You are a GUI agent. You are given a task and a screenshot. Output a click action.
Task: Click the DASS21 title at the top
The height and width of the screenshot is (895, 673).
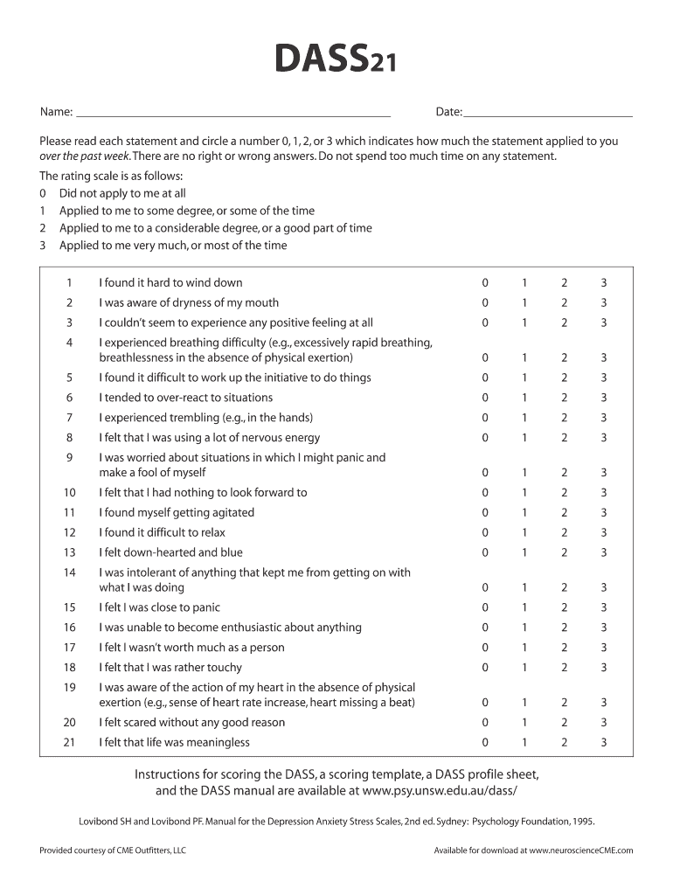336,60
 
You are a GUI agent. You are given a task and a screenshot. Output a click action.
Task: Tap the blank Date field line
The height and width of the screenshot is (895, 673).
548,113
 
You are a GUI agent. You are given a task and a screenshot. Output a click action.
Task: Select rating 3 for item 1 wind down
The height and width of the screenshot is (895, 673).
603,283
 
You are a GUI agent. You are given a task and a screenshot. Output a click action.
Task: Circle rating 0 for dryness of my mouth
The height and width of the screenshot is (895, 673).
485,303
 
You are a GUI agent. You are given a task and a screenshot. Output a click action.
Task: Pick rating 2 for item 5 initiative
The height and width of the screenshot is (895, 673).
564,378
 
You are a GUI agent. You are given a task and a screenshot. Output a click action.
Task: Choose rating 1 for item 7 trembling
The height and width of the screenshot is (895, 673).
524,418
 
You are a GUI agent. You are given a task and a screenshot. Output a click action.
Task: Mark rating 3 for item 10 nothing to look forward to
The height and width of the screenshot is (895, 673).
603,493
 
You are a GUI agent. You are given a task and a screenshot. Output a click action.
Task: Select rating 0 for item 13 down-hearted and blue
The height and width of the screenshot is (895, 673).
485,552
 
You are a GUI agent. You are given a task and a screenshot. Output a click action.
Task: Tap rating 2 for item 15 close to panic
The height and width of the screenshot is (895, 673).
564,607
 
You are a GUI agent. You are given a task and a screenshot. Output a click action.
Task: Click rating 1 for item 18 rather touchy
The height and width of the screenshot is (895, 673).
524,668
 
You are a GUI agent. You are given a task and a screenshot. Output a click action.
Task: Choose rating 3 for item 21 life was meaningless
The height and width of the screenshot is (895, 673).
603,743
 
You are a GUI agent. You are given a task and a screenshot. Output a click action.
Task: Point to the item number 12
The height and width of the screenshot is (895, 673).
70,533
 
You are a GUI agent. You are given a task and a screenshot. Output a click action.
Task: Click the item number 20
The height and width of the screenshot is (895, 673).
70,723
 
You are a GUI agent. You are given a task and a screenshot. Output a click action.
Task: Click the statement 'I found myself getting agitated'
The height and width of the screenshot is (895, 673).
177,513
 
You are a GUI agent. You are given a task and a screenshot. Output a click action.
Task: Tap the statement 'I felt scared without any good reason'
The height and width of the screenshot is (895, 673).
191,723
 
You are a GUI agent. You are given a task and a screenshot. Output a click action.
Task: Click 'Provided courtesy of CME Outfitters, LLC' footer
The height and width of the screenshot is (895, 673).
113,850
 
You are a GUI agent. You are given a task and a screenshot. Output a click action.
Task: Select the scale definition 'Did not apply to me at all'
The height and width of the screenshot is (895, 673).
122,193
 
